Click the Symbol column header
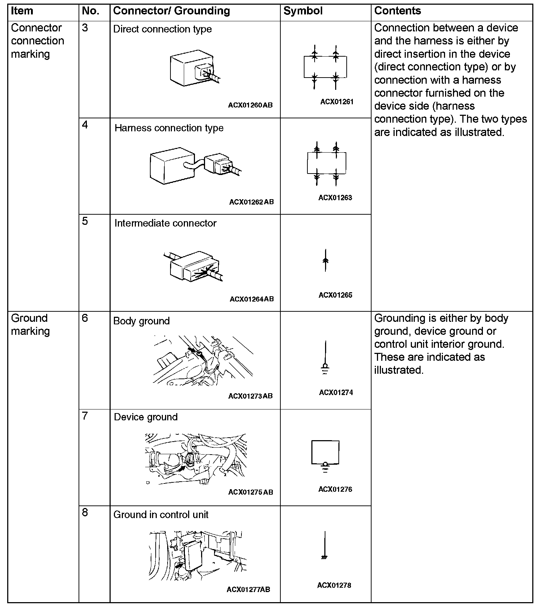(303, 11)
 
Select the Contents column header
(397, 11)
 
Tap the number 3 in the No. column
(85, 28)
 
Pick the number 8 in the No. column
(85, 513)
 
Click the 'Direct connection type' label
(163, 29)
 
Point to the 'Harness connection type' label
(169, 128)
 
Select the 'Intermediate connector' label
(165, 223)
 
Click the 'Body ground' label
(141, 321)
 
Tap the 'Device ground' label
(146, 417)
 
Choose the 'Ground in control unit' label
(161, 514)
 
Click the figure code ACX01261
(337, 102)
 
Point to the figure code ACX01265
(336, 295)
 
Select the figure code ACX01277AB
(248, 590)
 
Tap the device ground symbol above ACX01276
(325, 456)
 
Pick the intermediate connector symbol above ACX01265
(325, 260)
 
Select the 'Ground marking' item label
(30, 325)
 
